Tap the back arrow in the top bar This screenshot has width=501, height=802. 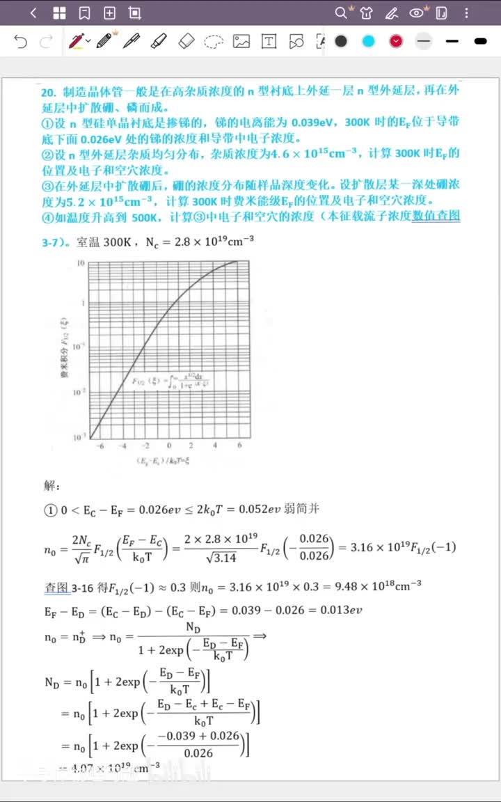(33, 13)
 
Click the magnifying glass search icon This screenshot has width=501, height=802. (340, 13)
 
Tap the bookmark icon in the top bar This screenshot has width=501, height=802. (84, 13)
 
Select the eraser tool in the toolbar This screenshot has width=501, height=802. (186, 41)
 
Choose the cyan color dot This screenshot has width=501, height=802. (368, 41)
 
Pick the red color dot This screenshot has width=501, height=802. (396, 41)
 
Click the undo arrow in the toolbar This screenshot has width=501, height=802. (21, 42)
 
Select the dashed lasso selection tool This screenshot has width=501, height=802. (213, 42)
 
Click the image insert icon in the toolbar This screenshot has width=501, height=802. (241, 41)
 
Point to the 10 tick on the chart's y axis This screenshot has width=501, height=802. (81, 263)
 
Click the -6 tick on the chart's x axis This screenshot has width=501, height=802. (99, 446)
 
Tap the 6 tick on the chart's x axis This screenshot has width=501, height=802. (239, 446)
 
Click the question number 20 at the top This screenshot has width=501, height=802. (48, 92)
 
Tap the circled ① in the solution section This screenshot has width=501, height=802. (50, 510)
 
